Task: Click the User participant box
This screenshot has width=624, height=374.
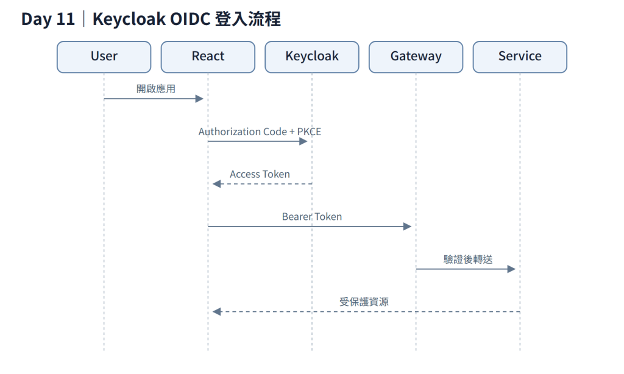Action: tap(104, 57)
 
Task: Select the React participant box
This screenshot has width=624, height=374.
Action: tap(208, 57)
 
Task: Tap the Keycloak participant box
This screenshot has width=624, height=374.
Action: tap(312, 57)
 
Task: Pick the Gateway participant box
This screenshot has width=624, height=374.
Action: tap(416, 57)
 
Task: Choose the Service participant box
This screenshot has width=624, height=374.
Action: tap(520, 57)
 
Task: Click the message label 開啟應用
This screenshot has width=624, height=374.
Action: tap(156, 89)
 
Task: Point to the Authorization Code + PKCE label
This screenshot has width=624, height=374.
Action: tap(260, 132)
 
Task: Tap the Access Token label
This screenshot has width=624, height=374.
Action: tap(260, 174)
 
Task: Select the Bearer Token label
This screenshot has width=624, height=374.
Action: tap(312, 217)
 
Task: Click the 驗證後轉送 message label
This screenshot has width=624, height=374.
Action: tap(468, 259)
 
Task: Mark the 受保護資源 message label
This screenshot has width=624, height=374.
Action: tap(364, 302)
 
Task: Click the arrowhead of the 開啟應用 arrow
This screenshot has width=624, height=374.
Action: tap(199, 99)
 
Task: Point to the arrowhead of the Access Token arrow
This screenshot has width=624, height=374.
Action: tap(216, 184)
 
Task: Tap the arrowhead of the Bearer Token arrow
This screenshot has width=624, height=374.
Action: tap(407, 227)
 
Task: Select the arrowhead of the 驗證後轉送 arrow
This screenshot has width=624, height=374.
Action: tap(511, 269)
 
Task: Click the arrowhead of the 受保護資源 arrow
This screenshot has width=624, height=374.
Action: tap(216, 311)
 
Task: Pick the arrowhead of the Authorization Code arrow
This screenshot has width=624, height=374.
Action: tap(303, 141)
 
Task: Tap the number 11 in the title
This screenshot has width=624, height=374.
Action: tap(66, 19)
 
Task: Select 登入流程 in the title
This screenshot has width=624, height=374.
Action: tap(247, 19)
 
